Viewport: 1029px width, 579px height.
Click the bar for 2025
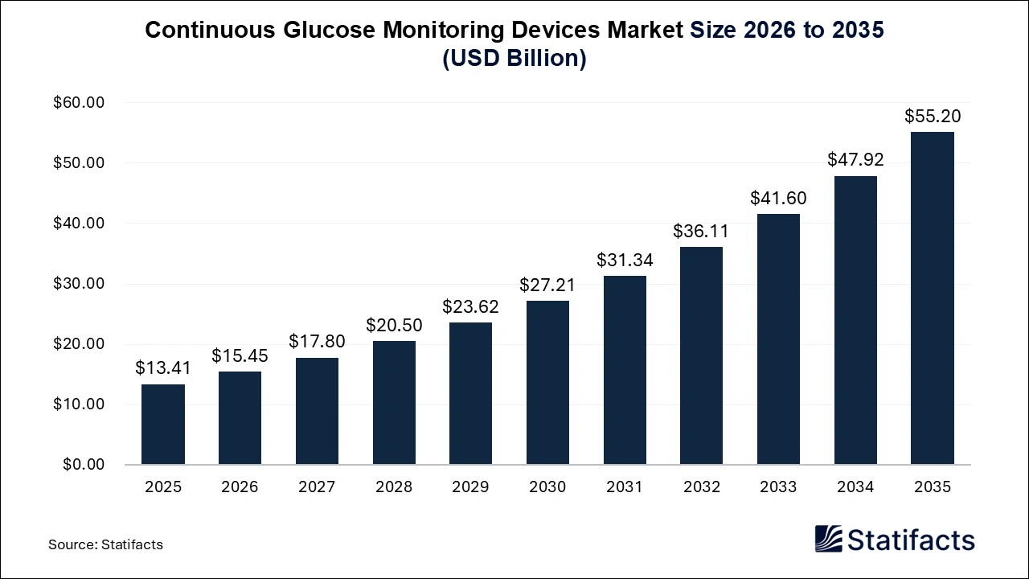(x=163, y=425)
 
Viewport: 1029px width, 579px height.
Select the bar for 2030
(x=547, y=383)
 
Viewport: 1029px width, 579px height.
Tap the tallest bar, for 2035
(x=932, y=298)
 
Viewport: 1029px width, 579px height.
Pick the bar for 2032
(x=701, y=355)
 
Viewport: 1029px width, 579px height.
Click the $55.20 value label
(x=933, y=116)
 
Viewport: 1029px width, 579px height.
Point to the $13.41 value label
(x=163, y=368)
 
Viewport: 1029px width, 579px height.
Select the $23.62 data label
(x=470, y=306)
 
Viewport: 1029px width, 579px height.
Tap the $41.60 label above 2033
(x=778, y=198)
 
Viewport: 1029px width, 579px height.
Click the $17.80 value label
(x=317, y=342)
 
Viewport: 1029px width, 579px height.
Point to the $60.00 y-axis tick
(x=79, y=103)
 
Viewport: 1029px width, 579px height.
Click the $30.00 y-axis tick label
(x=79, y=284)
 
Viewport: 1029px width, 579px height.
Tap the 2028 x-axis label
(x=394, y=487)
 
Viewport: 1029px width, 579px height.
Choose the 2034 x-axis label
(x=855, y=487)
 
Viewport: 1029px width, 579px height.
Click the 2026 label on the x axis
(x=240, y=487)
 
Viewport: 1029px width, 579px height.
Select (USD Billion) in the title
(x=514, y=59)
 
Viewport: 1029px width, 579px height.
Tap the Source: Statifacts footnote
(x=105, y=544)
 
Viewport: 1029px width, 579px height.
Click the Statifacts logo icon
(x=828, y=539)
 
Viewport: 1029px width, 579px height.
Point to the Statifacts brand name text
(x=911, y=540)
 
